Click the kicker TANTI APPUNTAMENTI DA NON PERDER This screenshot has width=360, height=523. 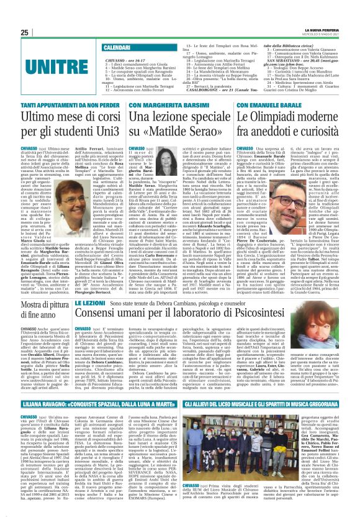tap(56, 106)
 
